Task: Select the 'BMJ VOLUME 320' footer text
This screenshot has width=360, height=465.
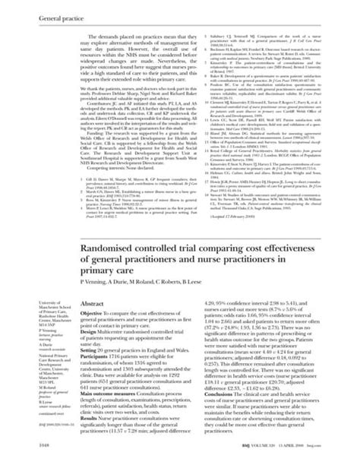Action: point(271,453)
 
